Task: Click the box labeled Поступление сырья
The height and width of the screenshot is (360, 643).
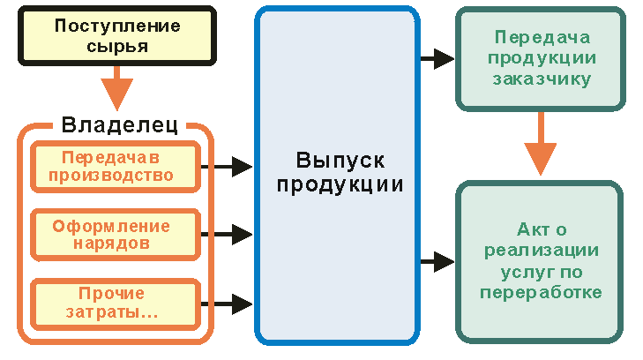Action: (x=116, y=36)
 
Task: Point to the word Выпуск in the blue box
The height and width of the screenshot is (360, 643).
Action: (x=337, y=161)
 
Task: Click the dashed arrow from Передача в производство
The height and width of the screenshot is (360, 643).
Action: (x=228, y=165)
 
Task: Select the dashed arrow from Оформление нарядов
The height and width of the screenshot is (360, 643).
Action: (x=228, y=234)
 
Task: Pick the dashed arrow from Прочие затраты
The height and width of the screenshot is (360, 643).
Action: (x=228, y=302)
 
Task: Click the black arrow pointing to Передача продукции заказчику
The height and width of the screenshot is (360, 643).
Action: (x=437, y=59)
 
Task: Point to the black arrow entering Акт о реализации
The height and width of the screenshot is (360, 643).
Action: (x=437, y=261)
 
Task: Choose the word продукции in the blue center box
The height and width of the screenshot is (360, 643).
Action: (x=337, y=185)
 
